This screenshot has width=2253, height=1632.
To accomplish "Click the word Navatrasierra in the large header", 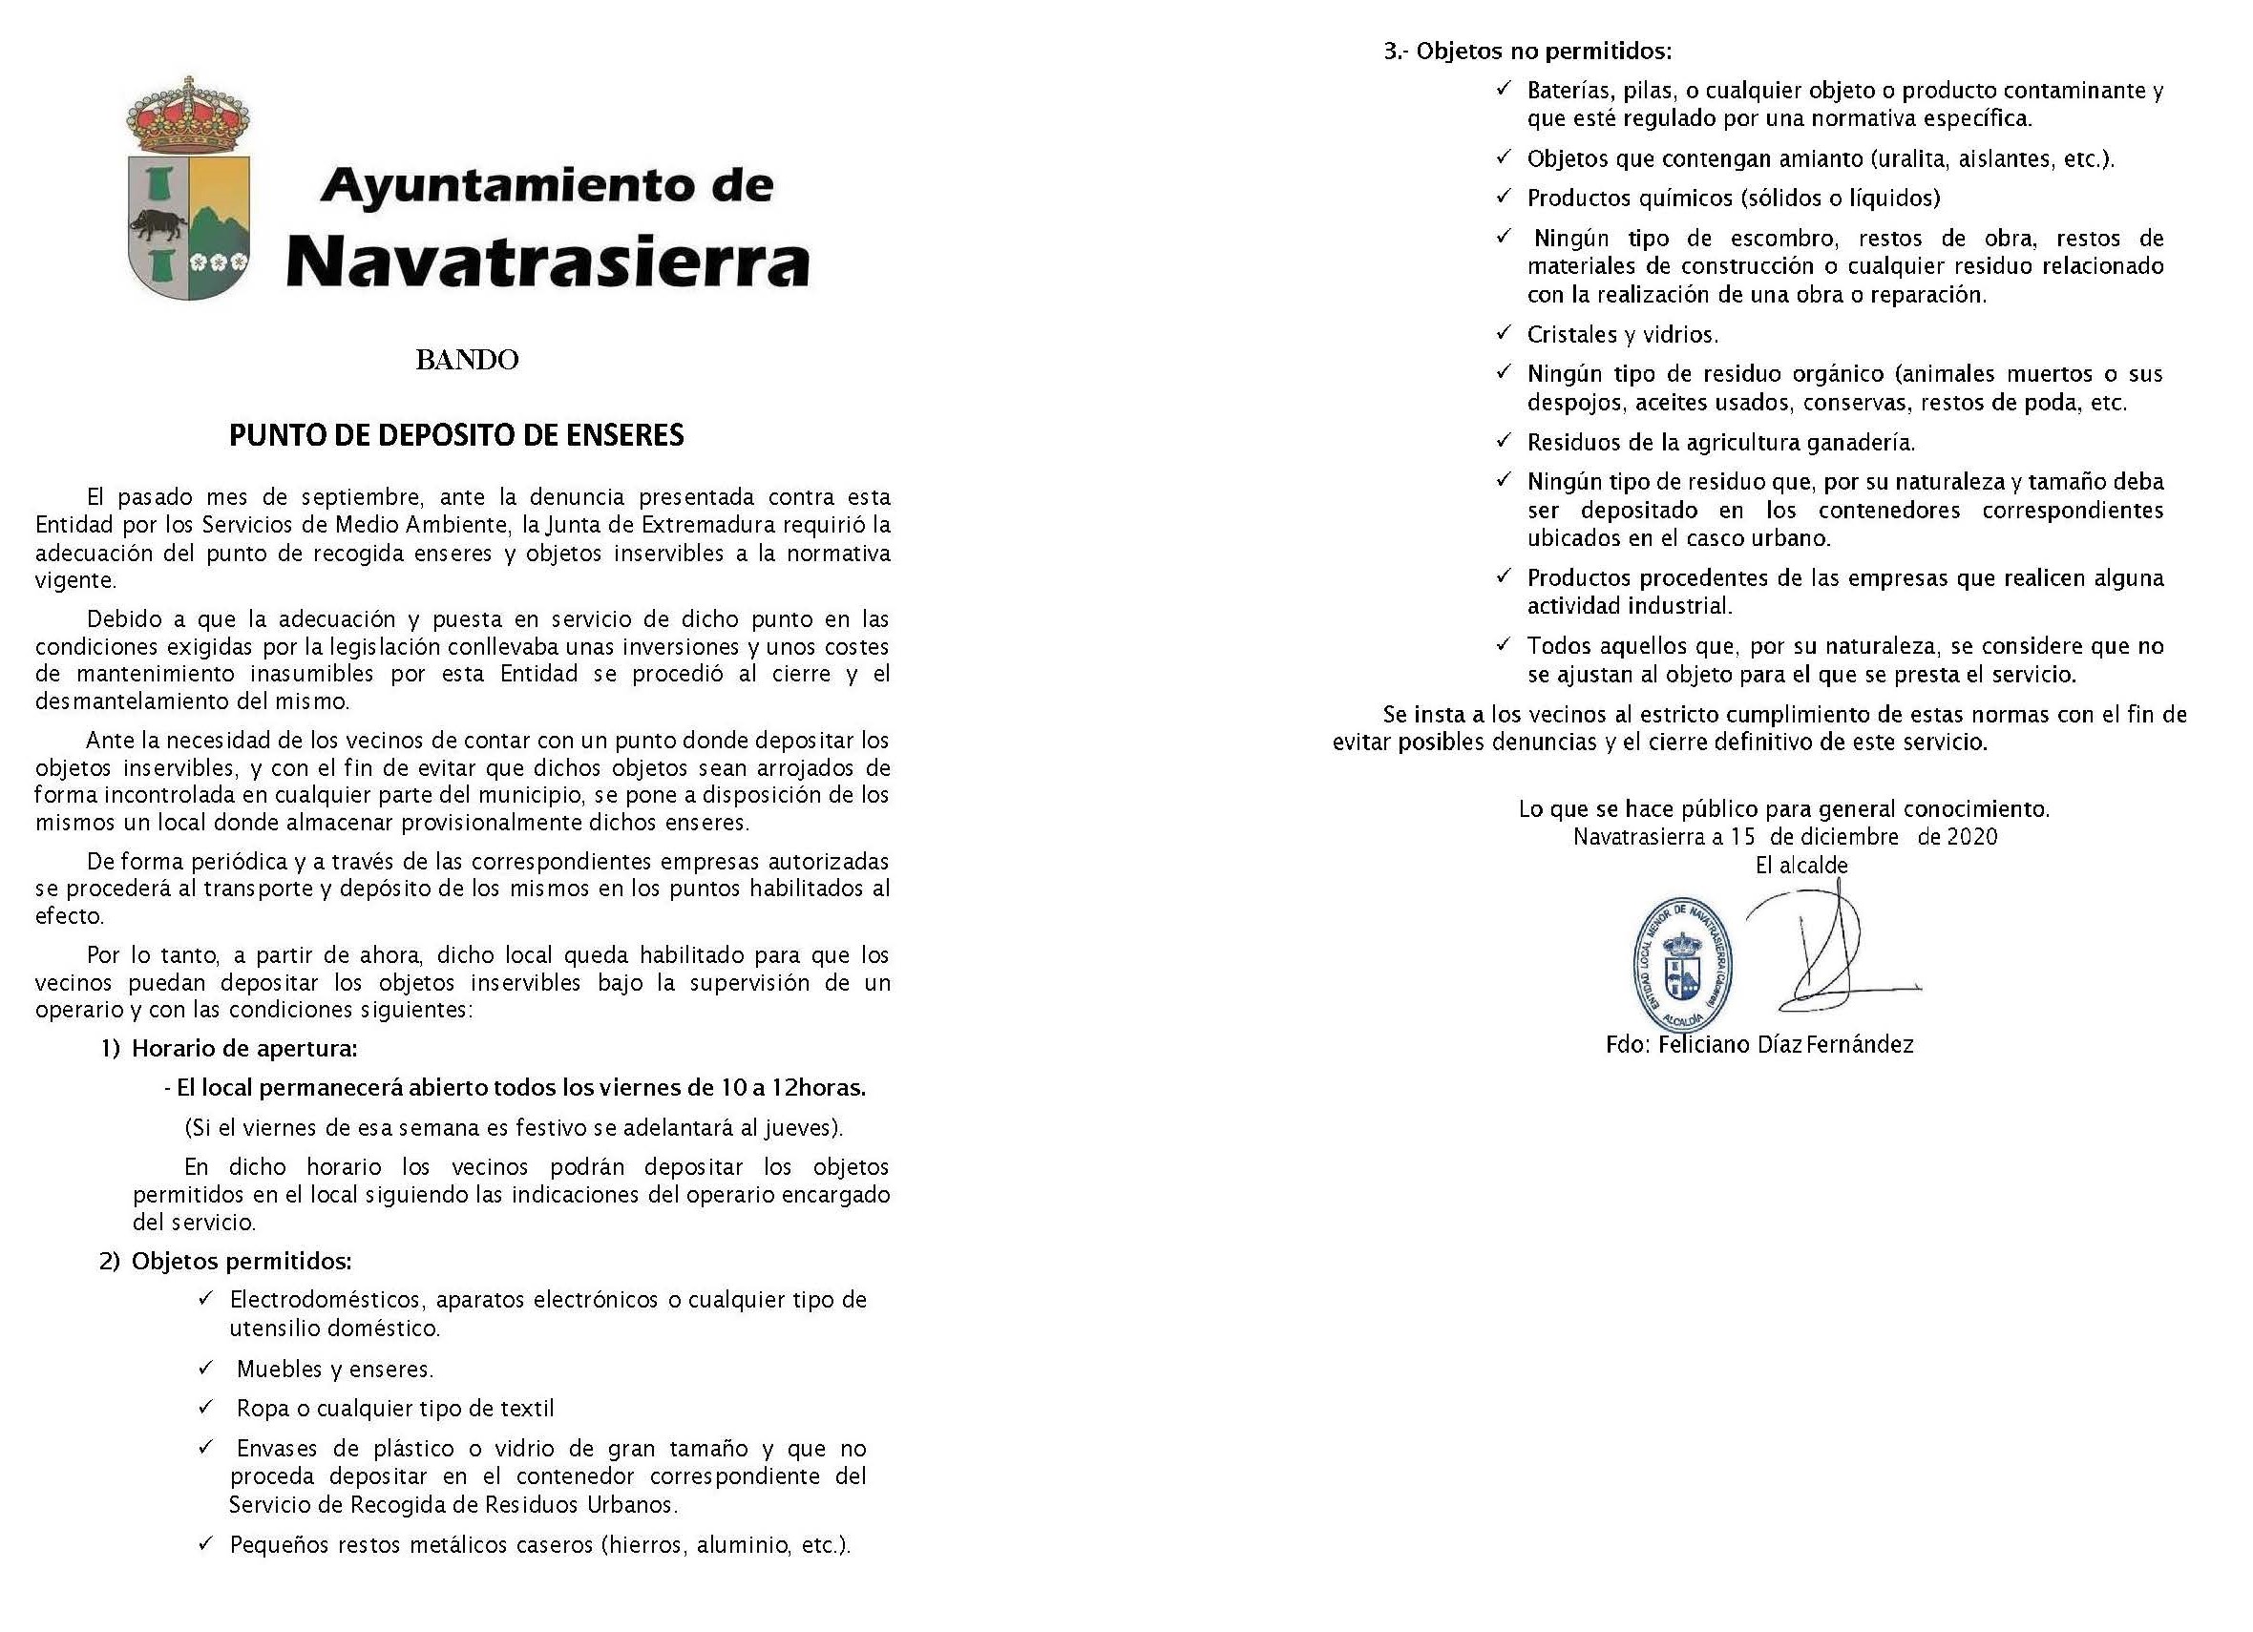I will tap(548, 262).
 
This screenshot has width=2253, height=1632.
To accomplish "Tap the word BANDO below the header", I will tap(467, 360).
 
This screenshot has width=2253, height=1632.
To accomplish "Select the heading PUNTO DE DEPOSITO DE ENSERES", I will tap(457, 435).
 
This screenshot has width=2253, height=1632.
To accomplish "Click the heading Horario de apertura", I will tap(244, 1048).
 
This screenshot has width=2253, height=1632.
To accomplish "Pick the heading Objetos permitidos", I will tap(242, 1262).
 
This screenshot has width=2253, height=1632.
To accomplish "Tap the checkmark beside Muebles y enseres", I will tap(205, 1368).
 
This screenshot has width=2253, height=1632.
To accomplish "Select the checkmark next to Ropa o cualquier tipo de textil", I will tap(205, 1407).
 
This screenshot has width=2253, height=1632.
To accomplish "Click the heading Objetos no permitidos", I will tap(1544, 51).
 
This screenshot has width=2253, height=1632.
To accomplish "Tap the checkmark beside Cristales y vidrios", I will tap(1504, 333).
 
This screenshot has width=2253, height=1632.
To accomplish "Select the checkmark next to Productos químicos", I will tap(1504, 197).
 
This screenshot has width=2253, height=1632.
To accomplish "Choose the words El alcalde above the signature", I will tap(1801, 866).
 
